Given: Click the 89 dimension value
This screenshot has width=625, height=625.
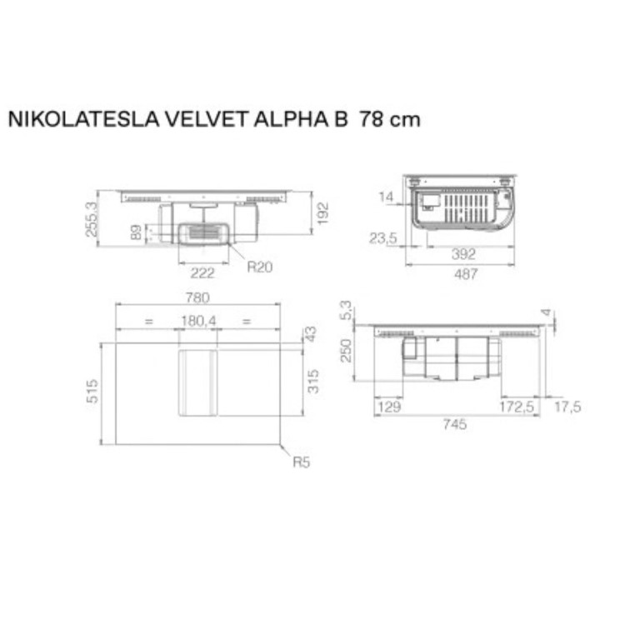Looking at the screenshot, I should point(136,233).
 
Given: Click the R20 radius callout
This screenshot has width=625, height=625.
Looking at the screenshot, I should point(259,267).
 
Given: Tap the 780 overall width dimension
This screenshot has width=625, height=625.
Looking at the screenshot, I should point(197,297).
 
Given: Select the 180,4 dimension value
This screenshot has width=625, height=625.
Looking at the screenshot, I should point(197,320).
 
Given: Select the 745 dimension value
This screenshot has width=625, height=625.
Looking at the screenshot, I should point(455,424).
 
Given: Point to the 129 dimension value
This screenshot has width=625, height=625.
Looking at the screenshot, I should point(389,407).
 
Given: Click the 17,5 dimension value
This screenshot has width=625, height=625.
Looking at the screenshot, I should point(566,407).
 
